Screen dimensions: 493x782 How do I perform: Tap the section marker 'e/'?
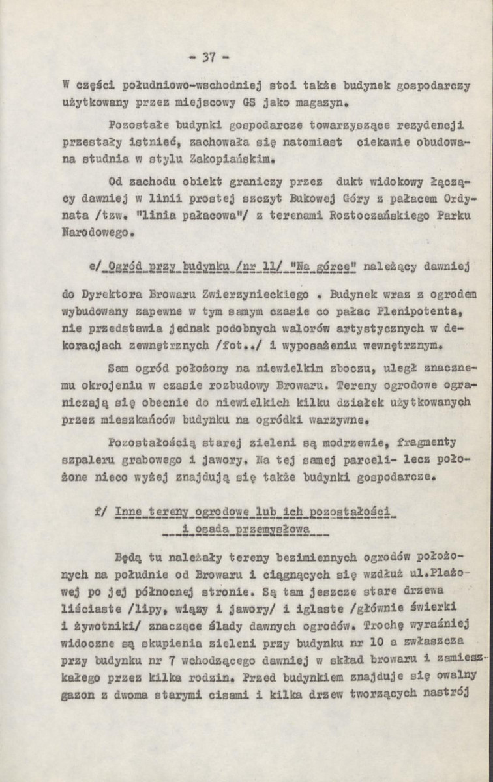(x=100, y=267)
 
